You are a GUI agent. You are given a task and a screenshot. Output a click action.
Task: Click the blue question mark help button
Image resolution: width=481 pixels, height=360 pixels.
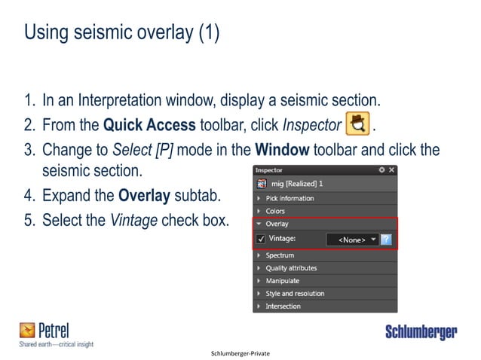pyautogui.click(x=386, y=239)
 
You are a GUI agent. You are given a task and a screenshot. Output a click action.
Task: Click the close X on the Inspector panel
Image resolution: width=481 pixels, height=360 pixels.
pyautogui.click(x=391, y=170)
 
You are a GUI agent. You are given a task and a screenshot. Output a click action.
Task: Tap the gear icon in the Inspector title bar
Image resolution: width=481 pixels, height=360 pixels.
pyautogui.click(x=381, y=170)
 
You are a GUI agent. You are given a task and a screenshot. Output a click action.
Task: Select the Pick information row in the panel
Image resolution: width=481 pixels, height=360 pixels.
pyautogui.click(x=290, y=198)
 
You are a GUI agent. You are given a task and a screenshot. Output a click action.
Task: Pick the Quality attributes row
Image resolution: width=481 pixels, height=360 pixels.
pyautogui.click(x=291, y=268)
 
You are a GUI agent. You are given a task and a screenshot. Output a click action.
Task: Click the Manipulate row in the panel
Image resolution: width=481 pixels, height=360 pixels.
pyautogui.click(x=282, y=281)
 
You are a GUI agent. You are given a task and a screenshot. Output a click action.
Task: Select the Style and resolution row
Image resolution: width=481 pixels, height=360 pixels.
pyautogui.click(x=295, y=294)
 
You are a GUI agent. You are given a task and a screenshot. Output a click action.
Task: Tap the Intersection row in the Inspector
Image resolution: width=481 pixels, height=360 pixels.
pyautogui.click(x=283, y=307)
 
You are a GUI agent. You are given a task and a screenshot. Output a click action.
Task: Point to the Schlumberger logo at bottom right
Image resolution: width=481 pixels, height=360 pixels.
pyautogui.click(x=421, y=332)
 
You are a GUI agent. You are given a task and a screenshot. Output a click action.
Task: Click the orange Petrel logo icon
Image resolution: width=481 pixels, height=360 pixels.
pyautogui.click(x=27, y=330)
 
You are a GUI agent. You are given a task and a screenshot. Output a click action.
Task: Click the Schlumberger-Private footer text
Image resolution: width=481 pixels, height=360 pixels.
pyautogui.click(x=240, y=353)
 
